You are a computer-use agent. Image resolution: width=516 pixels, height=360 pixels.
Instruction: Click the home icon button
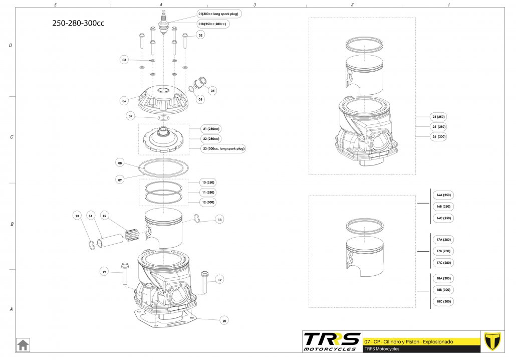coord(23,345)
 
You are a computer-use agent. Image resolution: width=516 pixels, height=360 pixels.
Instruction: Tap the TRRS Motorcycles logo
coord(332,341)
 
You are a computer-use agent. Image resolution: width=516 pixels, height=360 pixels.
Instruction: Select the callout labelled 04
coord(212,91)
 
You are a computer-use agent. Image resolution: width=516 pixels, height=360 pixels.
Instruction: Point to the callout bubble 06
coord(124,101)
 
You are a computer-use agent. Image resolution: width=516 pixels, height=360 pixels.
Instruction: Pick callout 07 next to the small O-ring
coord(131,116)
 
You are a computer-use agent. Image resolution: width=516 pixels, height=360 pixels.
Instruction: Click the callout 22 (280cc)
coord(211,139)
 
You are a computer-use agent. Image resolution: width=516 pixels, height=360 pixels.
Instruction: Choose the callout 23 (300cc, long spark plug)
coord(223,148)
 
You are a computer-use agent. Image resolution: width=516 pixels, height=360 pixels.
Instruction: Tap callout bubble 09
coord(120,180)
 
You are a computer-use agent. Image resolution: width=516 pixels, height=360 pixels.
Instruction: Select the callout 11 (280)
coord(208,193)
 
